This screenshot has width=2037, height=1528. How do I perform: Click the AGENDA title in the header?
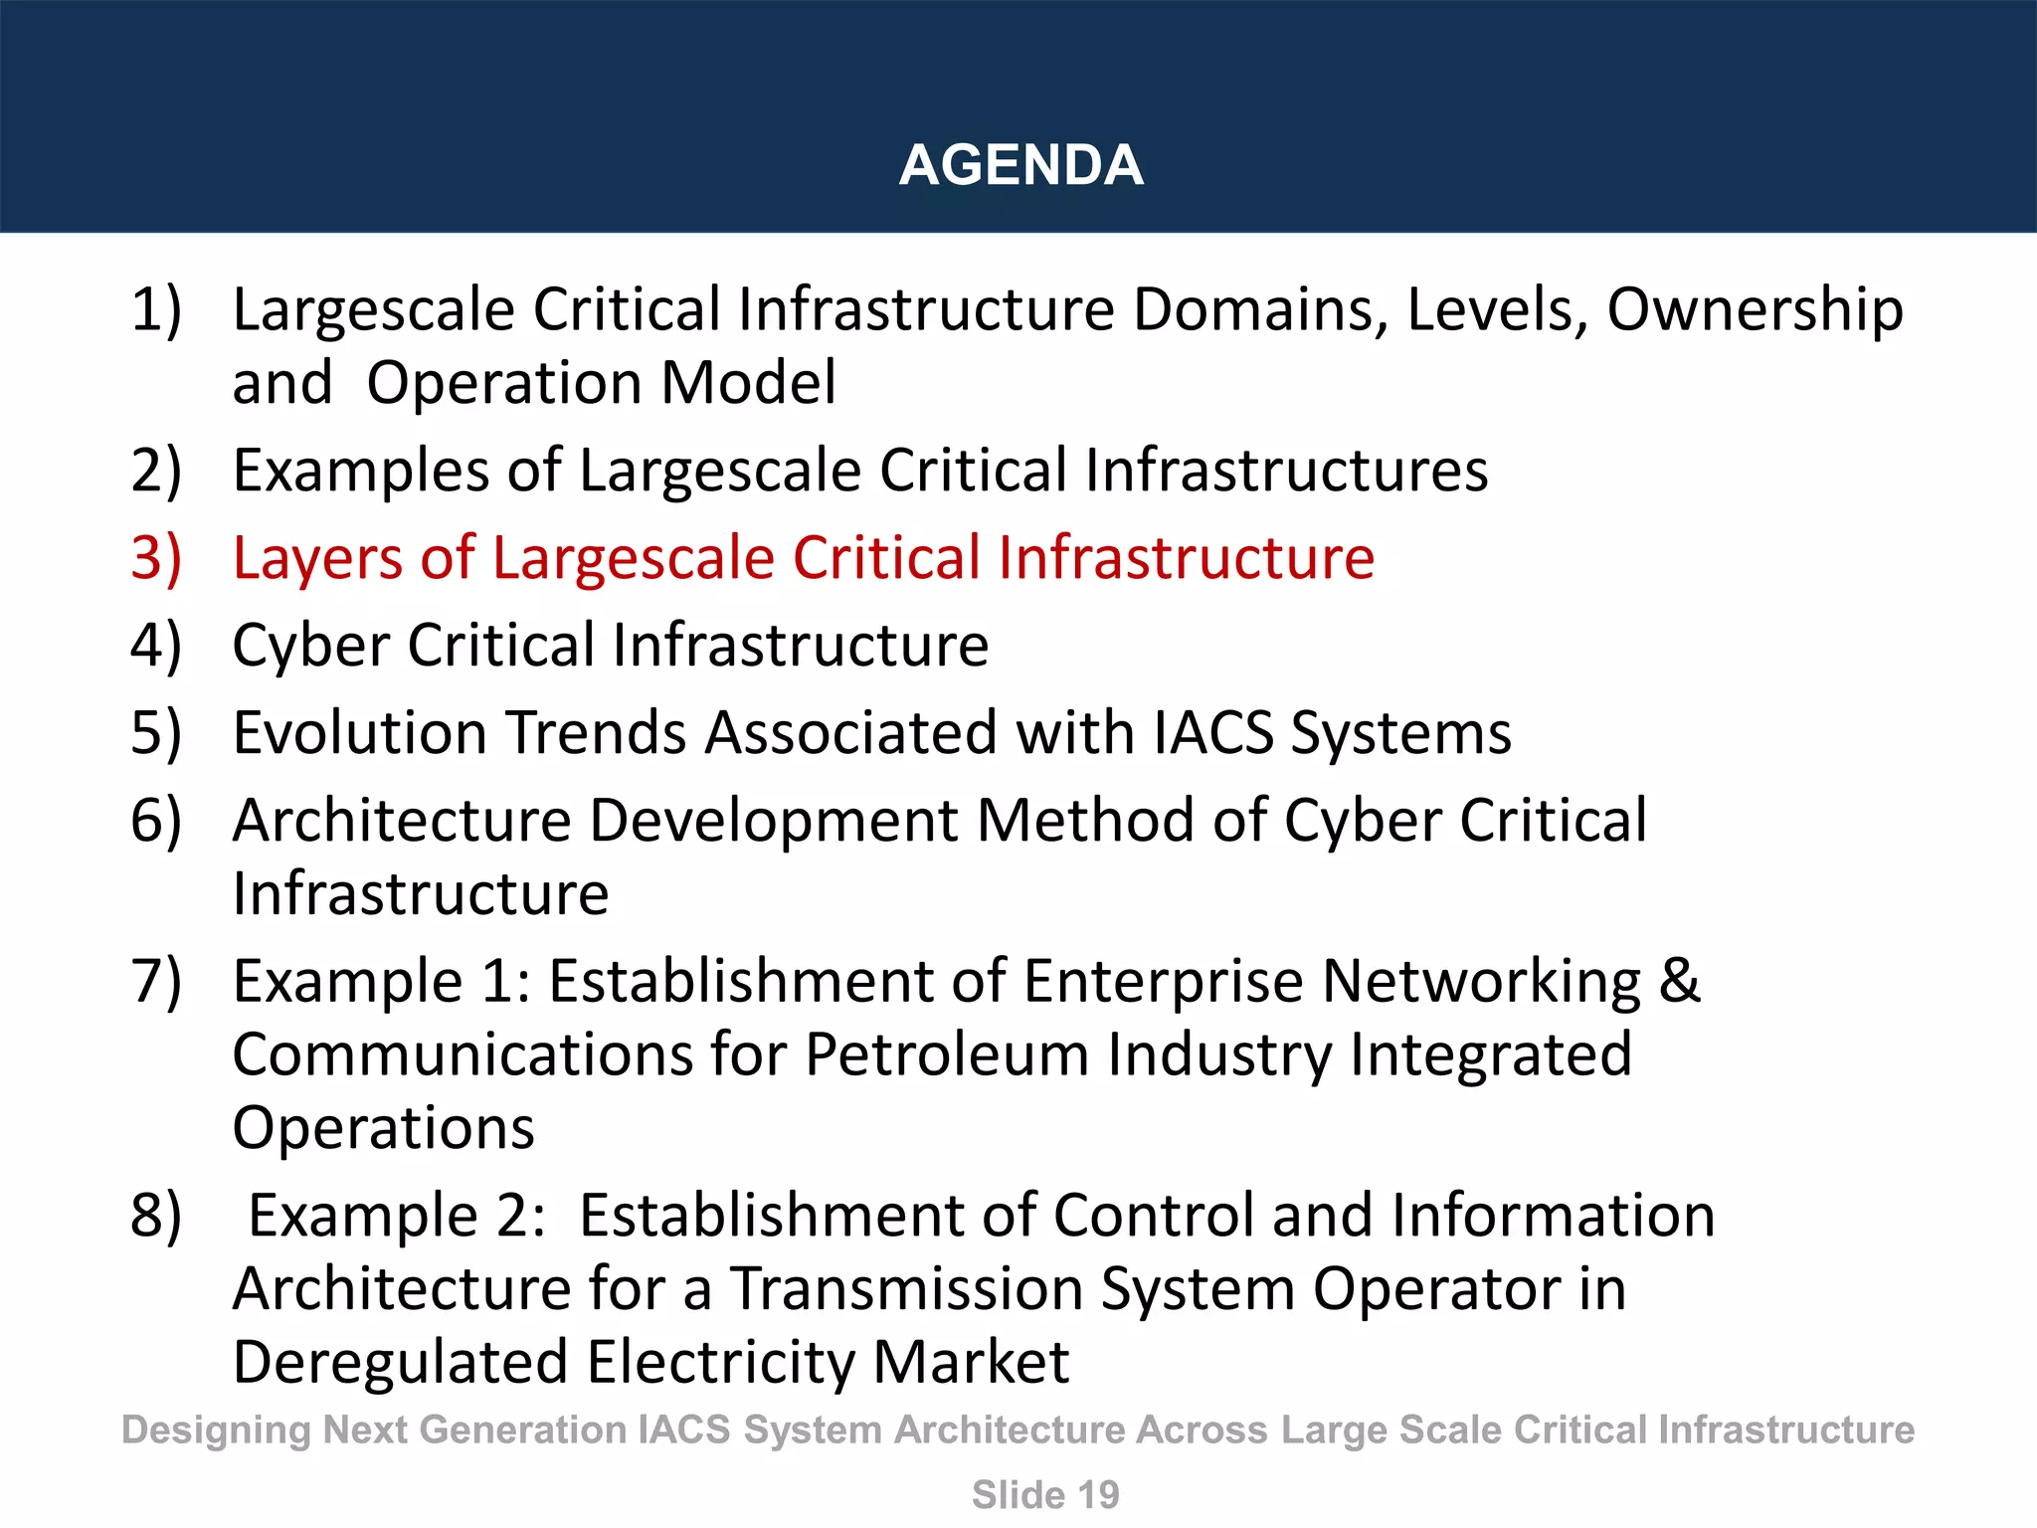click(x=1020, y=164)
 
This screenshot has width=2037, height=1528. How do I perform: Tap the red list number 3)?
click(x=156, y=557)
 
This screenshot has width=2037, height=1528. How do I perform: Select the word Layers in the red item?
click(x=317, y=559)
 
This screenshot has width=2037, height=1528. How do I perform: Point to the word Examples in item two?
click(x=360, y=472)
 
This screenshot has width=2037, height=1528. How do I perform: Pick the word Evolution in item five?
click(x=359, y=733)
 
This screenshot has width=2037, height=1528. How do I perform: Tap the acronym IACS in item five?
click(x=1213, y=733)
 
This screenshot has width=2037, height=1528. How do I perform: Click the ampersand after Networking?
click(x=1679, y=981)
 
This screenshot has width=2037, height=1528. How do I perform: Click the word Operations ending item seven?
click(x=383, y=1129)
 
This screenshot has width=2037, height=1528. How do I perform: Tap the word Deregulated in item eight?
click(x=399, y=1363)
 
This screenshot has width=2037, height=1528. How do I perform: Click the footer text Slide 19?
click(x=1045, y=1495)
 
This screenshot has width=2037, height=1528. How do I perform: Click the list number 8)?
click(x=156, y=1216)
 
